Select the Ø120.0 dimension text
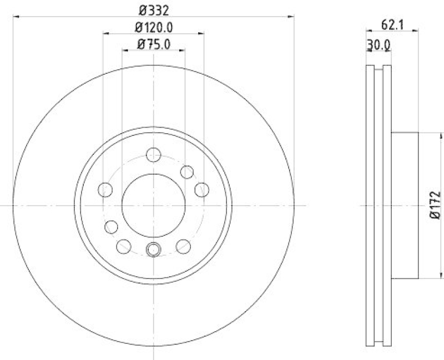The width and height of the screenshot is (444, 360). [153, 27]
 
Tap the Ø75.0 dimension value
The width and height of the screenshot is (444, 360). [153, 44]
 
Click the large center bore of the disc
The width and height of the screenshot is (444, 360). [153, 206]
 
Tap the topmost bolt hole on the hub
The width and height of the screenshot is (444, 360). [153, 155]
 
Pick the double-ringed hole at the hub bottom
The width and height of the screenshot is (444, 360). [153, 250]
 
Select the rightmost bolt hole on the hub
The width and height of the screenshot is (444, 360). [202, 190]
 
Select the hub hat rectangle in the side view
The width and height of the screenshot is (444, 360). [405, 206]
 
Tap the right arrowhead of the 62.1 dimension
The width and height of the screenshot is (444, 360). [415, 32]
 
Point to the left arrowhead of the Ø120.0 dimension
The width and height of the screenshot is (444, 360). [105, 34]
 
